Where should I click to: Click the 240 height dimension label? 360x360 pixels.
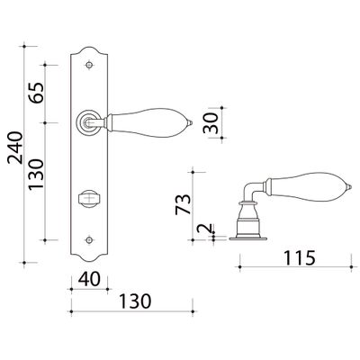pos(15,148)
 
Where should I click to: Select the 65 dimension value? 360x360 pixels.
pos(36,93)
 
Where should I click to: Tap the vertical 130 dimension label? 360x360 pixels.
pos(36,175)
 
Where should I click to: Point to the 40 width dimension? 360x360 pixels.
pos(89,279)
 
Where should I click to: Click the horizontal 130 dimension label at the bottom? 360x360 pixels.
pos(135,301)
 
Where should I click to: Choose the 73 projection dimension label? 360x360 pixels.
pos(183,204)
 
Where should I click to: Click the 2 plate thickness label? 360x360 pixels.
pos(205,229)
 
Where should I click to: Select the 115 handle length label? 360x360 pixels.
pos(300,258)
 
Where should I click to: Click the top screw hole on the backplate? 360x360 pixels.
pos(89,65)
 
